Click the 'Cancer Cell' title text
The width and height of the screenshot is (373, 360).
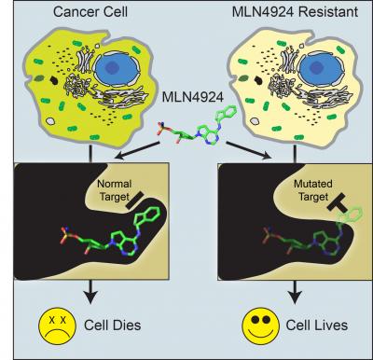pos(90,12)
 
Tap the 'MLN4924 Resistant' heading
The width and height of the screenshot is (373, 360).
pos(295,12)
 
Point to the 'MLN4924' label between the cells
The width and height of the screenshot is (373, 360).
pos(193,97)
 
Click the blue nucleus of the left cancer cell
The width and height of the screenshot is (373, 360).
pos(117,68)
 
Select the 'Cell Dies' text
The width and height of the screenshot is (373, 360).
pos(113,325)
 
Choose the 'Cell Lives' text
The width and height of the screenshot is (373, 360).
pos(317,325)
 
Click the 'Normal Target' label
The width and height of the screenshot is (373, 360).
pos(115,190)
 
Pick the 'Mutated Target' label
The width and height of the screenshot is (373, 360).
pos(313,190)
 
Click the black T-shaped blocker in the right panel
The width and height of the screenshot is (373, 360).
pos(339,203)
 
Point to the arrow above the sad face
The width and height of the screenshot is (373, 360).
pos(90,292)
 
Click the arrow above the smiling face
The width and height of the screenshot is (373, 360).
pos(295,292)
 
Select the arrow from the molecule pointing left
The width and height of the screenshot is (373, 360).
pos(137,150)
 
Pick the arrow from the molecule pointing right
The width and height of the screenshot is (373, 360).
pos(249,150)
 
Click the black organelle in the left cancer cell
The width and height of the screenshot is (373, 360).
pos(54,80)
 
